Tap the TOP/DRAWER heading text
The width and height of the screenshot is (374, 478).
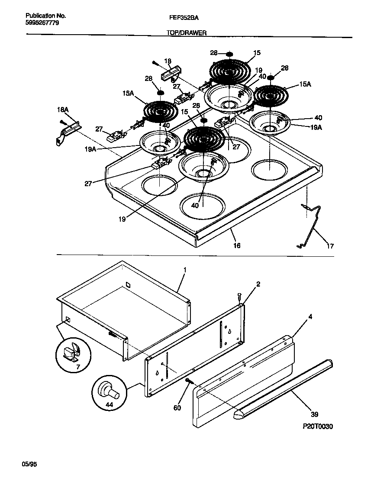pos(187,33)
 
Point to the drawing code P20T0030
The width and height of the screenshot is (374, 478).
pos(317,426)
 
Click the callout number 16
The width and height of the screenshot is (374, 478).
pos(237,245)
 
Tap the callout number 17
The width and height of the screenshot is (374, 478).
pos(330,246)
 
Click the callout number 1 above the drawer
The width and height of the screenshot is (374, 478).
pos(185,270)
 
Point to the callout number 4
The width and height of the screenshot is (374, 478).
pos(310,317)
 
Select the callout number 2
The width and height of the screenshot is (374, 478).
pos(258,284)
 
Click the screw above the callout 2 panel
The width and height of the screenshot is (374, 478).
pos(239,297)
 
